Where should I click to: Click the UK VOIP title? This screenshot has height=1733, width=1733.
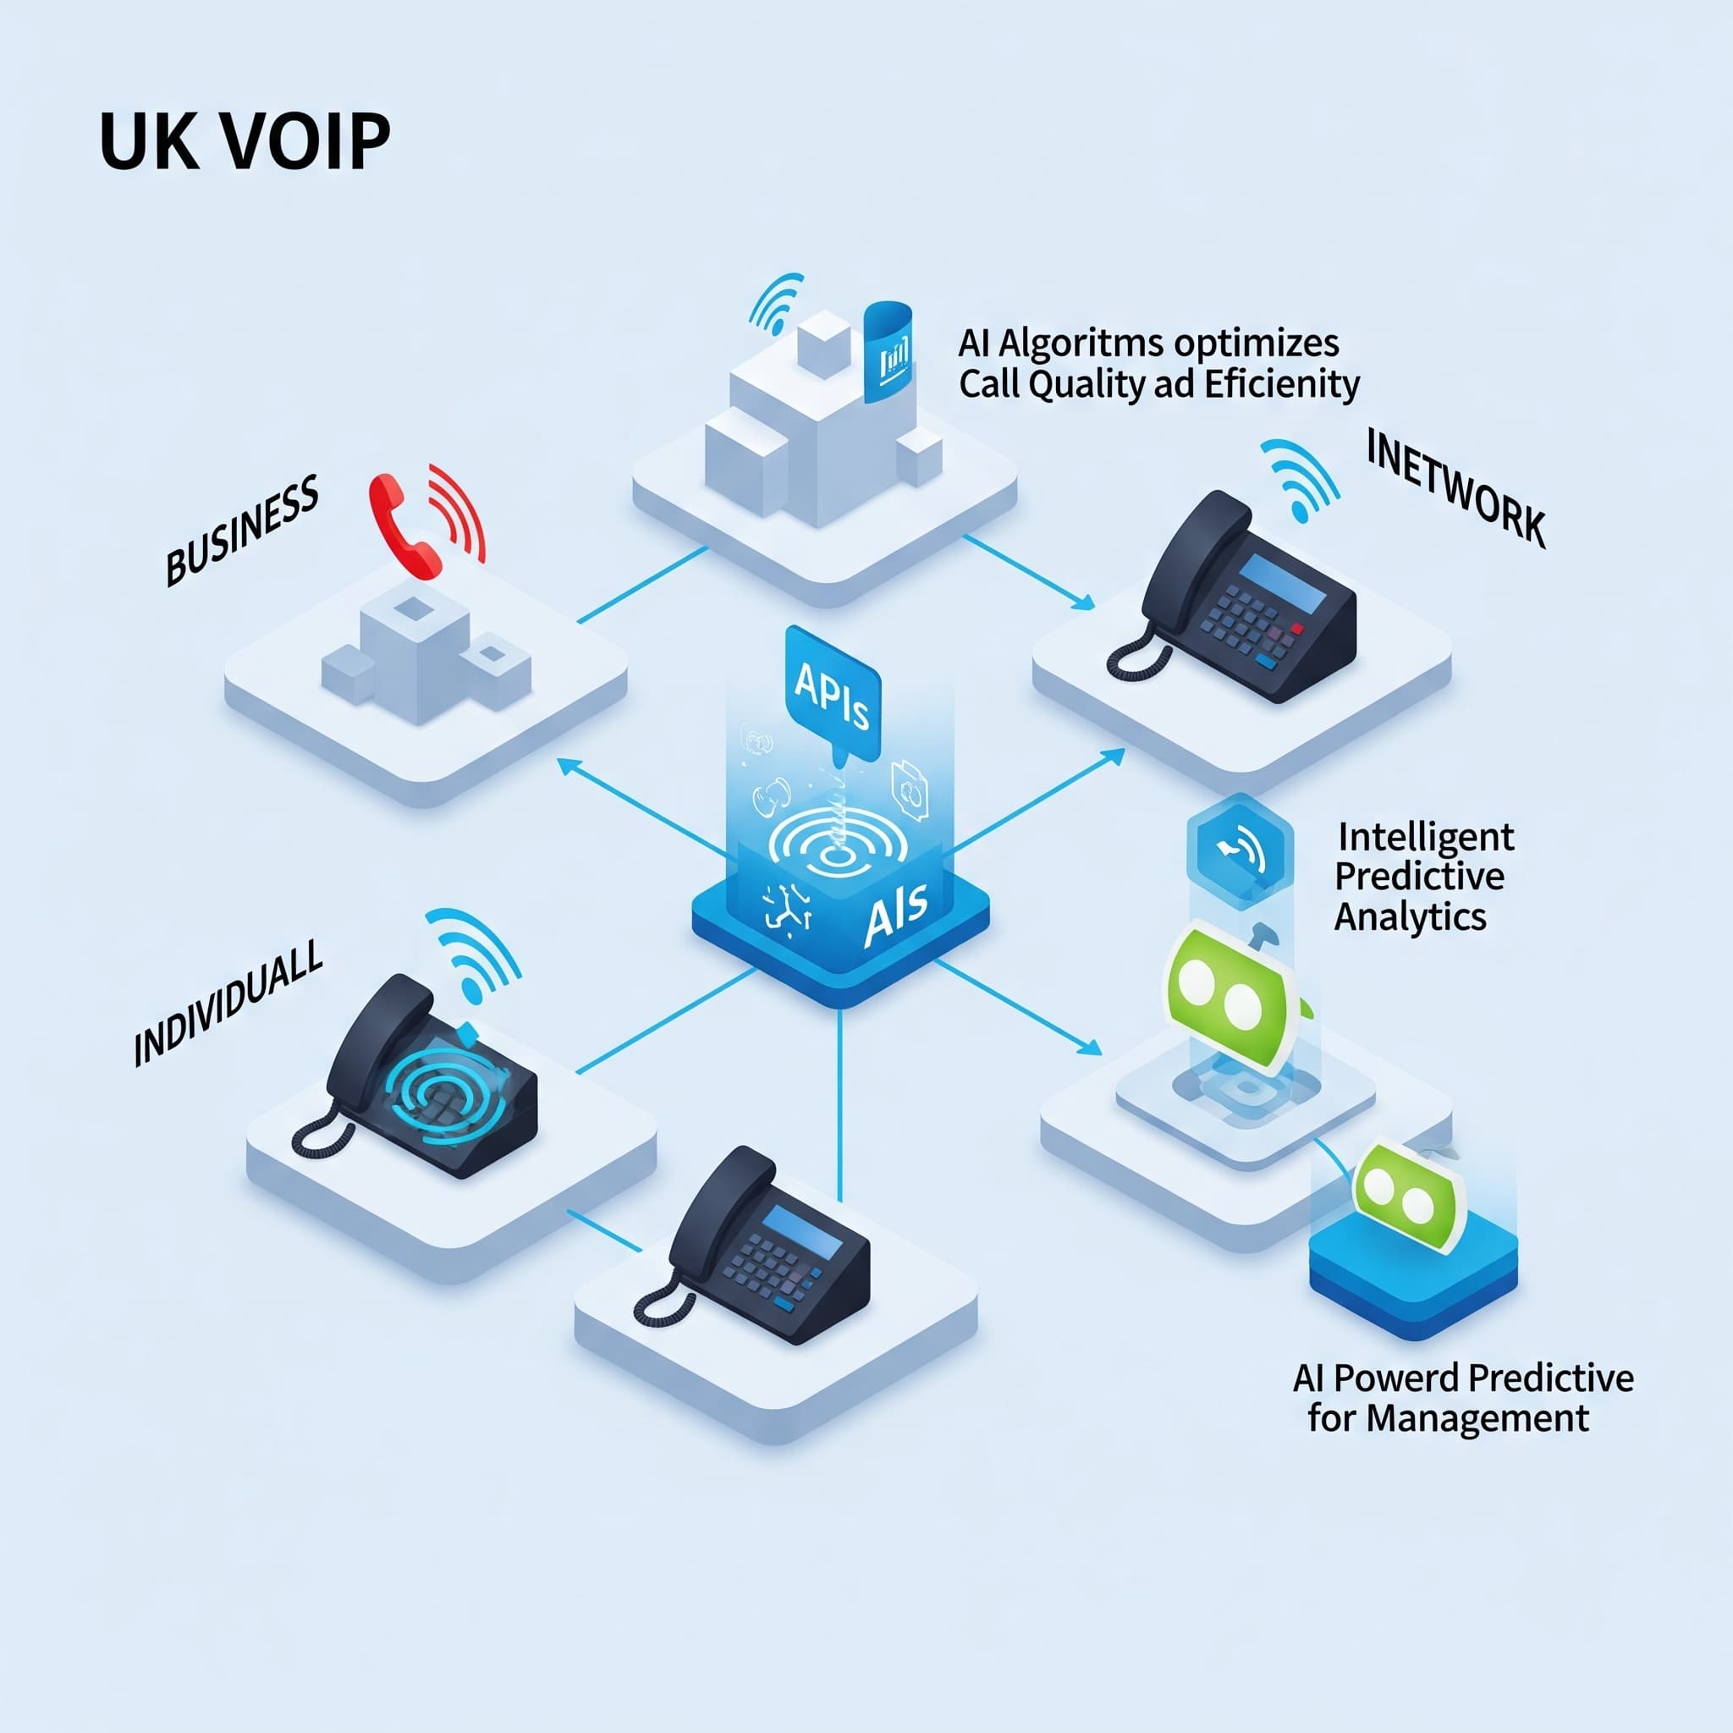point(244,141)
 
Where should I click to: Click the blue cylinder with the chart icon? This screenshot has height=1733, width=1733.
point(886,353)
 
